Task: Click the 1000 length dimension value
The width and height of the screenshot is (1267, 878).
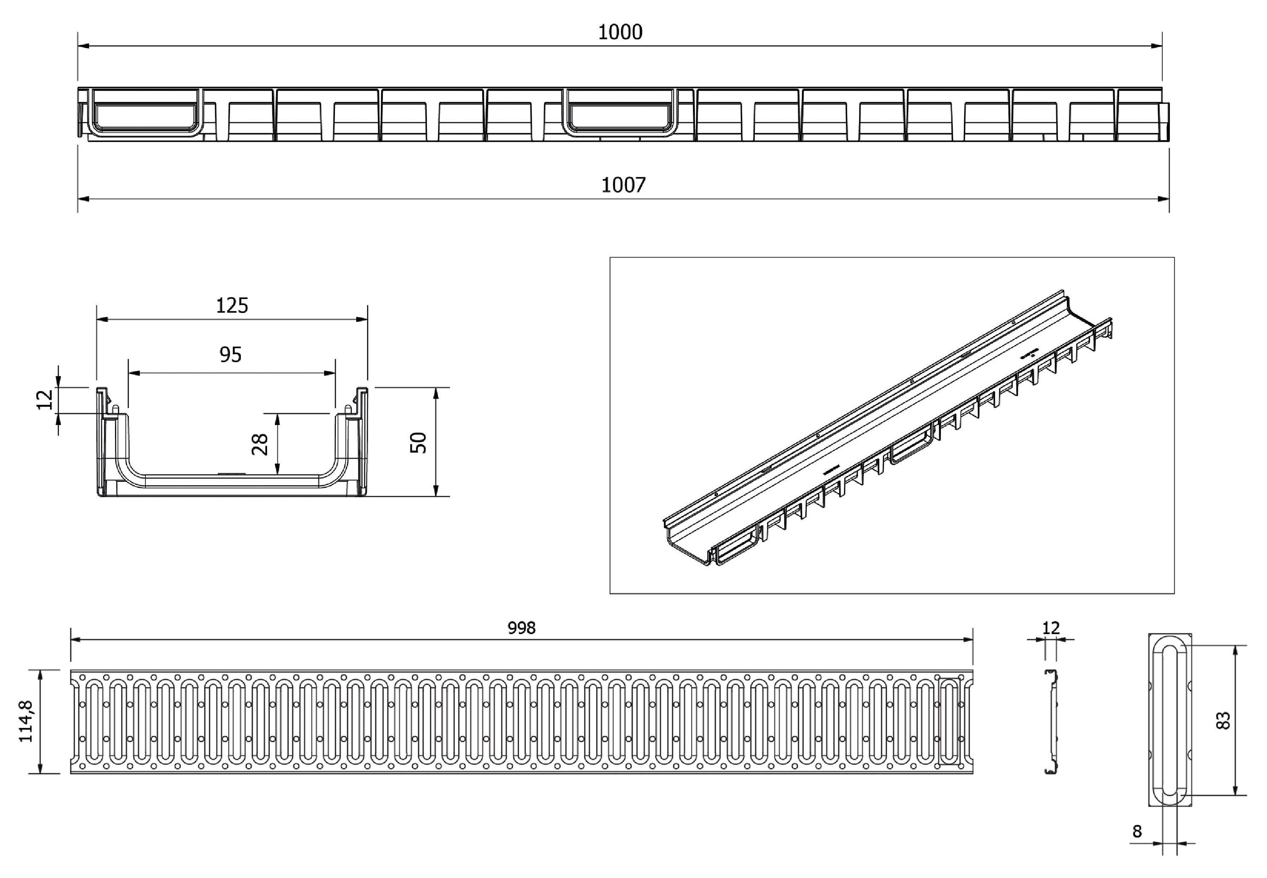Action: click(x=620, y=33)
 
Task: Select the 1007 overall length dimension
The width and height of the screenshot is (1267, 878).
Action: click(x=623, y=185)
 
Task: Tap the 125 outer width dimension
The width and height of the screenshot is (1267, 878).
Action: click(x=232, y=305)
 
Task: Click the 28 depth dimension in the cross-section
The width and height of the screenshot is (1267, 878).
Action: click(x=260, y=445)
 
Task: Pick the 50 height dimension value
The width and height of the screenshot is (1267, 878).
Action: click(x=419, y=443)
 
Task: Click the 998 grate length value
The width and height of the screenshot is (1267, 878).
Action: click(x=521, y=628)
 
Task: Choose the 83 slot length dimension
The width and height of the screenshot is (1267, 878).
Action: click(x=1222, y=721)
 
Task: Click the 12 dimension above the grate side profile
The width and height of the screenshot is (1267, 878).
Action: click(x=1050, y=628)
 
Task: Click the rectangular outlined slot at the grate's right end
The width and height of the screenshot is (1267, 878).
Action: click(x=949, y=721)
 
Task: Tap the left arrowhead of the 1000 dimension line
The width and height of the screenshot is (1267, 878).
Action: click(x=81, y=46)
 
